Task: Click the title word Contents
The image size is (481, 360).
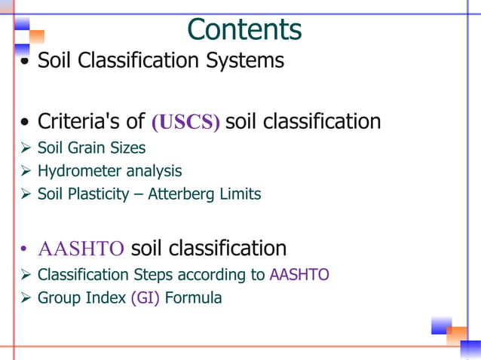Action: (x=244, y=29)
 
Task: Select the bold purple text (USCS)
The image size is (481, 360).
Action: (x=185, y=123)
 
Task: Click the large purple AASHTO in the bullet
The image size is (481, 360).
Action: (x=81, y=249)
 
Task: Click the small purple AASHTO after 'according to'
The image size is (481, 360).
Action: (x=299, y=275)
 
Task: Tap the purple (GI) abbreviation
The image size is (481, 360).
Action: (x=145, y=298)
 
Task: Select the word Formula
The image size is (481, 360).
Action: (x=193, y=298)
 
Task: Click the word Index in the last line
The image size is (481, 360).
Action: (x=106, y=298)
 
